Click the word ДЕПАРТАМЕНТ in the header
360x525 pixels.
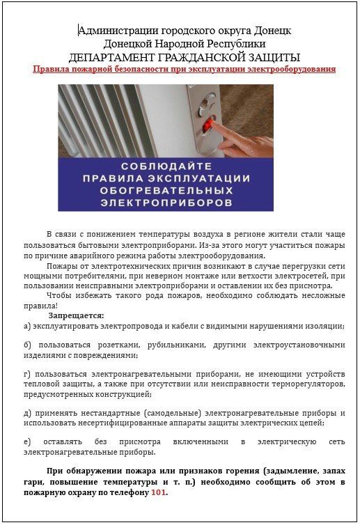coord(113,56)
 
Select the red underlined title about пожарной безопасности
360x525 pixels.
coord(185,69)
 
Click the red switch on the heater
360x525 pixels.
coord(207,125)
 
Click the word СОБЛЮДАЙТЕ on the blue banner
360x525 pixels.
coord(165,167)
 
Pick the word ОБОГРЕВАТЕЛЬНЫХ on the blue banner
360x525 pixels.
coord(165,191)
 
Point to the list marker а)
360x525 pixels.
coord(27,326)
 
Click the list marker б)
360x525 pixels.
coord(27,345)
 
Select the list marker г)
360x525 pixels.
coord(27,373)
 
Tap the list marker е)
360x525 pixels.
coord(27,441)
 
